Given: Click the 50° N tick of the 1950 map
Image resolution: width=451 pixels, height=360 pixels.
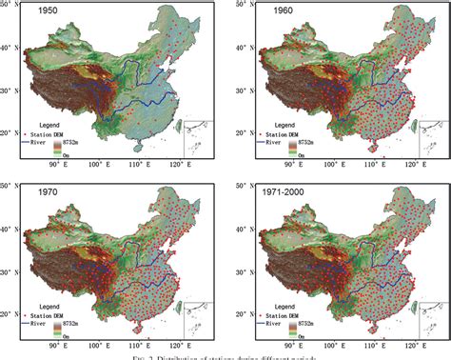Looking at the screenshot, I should click(10, 6).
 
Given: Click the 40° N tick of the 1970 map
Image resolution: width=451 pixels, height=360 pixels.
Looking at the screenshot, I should click(10, 227).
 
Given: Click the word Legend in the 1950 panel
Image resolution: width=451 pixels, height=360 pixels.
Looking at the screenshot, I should click(49, 125).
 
